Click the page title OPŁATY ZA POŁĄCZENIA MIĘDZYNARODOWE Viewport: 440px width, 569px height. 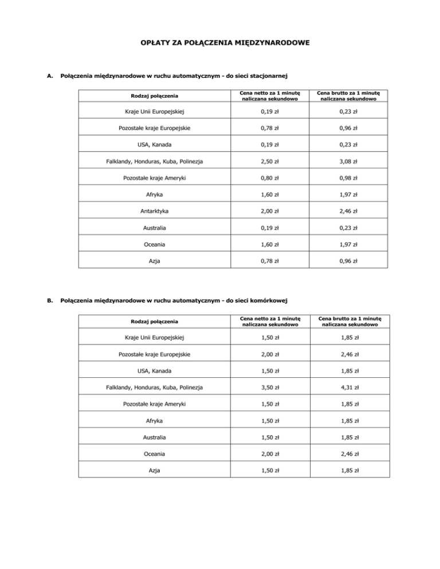(220, 42)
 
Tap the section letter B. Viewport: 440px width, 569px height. (50, 299)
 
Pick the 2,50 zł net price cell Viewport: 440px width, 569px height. (269, 161)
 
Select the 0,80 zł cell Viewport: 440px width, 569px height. (269, 178)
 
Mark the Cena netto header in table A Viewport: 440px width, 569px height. (269, 95)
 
